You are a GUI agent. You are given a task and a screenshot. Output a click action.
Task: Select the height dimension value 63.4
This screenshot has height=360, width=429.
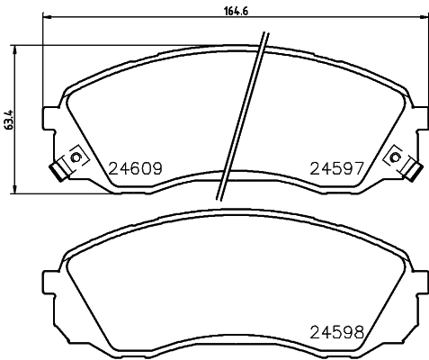7,120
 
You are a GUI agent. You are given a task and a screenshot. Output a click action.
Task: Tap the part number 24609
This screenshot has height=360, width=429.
134,167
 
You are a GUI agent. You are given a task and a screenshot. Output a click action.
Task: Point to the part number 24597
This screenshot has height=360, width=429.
335,167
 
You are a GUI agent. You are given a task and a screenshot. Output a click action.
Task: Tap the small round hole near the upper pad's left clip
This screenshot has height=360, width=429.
75,158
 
